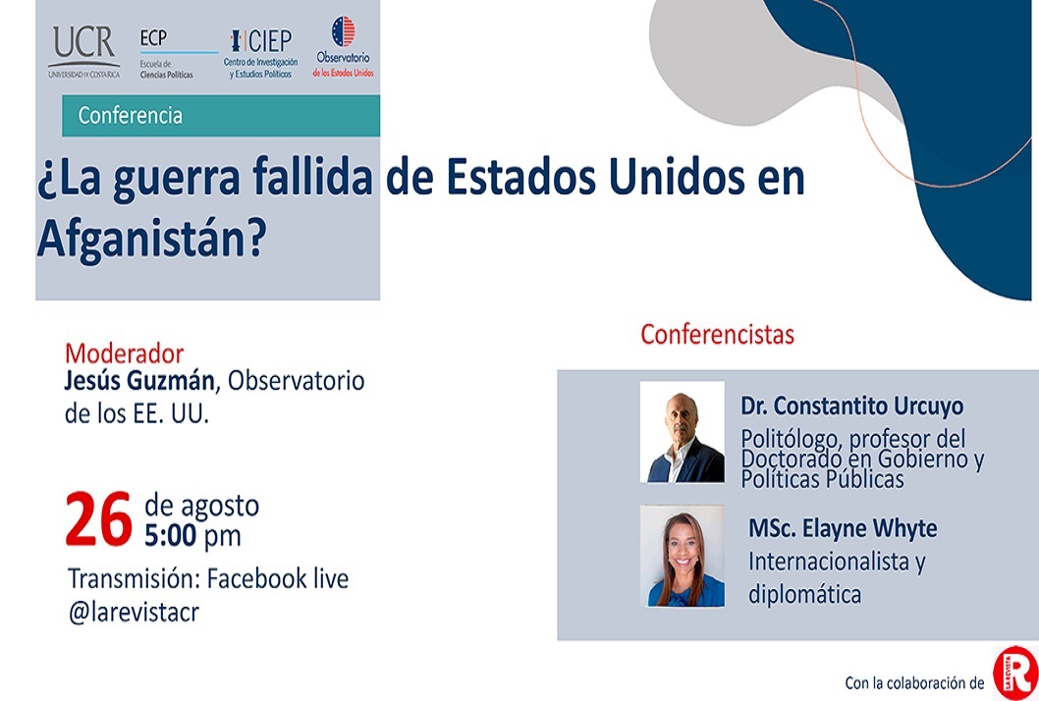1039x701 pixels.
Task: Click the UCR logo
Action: [84, 52]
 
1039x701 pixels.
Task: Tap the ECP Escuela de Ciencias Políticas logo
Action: [179, 54]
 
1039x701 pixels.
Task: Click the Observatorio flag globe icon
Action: [343, 31]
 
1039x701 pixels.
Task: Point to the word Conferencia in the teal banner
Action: [130, 115]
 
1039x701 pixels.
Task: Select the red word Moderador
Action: [124, 353]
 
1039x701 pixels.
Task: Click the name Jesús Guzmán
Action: [139, 380]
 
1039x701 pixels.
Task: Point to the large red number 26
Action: [99, 520]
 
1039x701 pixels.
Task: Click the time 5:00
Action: [170, 535]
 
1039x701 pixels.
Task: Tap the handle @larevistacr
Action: [134, 612]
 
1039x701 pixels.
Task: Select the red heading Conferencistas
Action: [717, 335]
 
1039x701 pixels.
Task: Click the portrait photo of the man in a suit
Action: [682, 431]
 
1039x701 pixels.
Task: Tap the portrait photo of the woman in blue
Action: [682, 556]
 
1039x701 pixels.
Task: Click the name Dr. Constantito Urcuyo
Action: [852, 405]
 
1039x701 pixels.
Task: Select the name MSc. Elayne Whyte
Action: [843, 528]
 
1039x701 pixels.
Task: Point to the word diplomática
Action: [805, 594]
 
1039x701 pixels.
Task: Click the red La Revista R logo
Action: [1015, 674]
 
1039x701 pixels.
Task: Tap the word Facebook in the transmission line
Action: [257, 578]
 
